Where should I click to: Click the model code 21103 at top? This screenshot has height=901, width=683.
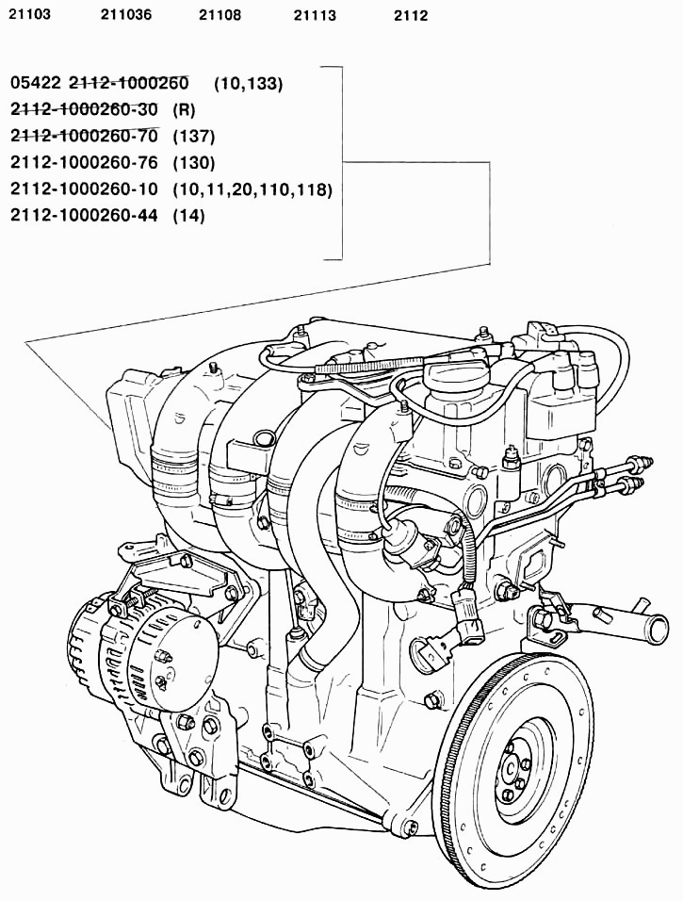(x=30, y=14)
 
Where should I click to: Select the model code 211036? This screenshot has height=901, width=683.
(x=126, y=14)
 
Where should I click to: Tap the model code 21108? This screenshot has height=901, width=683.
(x=220, y=15)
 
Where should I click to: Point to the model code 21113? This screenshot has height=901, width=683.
(x=315, y=15)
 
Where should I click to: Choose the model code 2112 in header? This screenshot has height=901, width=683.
(x=411, y=15)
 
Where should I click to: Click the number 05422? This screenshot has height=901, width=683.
(x=36, y=83)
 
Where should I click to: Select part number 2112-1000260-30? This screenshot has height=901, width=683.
(x=84, y=109)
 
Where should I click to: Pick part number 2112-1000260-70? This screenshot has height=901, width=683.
(x=84, y=136)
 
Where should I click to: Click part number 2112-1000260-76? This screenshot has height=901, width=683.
(x=84, y=163)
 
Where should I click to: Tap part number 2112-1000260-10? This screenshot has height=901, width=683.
(x=84, y=189)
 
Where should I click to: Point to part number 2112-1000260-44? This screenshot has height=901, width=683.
(x=84, y=216)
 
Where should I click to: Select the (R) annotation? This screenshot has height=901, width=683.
(x=184, y=109)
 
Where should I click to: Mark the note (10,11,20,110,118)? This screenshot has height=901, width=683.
(x=252, y=189)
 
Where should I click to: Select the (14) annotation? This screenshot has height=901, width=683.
(x=189, y=216)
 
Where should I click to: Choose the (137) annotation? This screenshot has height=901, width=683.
(x=194, y=136)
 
